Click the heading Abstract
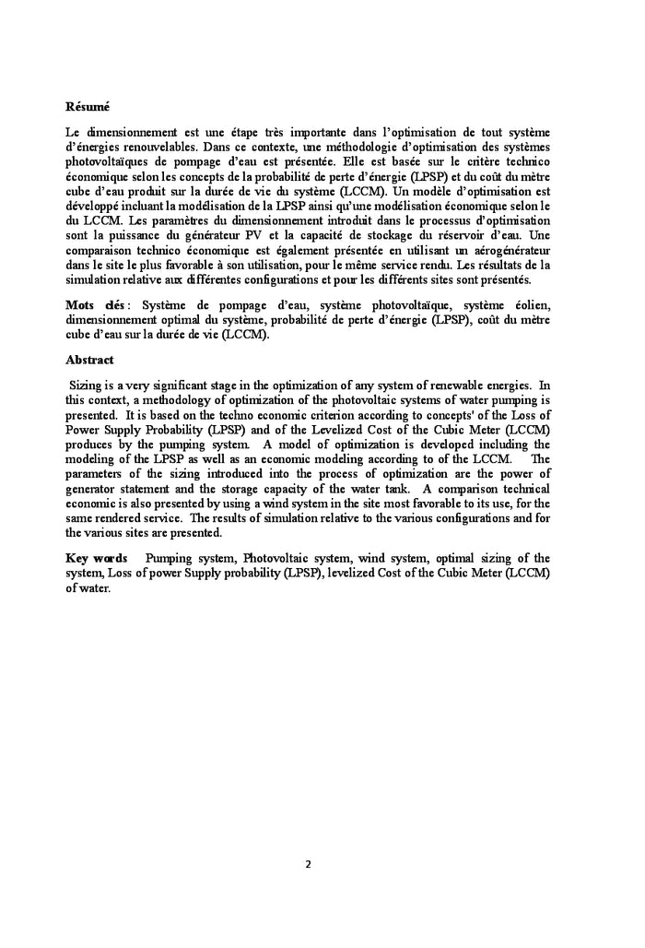click(x=89, y=360)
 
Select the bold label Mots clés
click(x=95, y=305)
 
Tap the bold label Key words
click(x=96, y=558)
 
